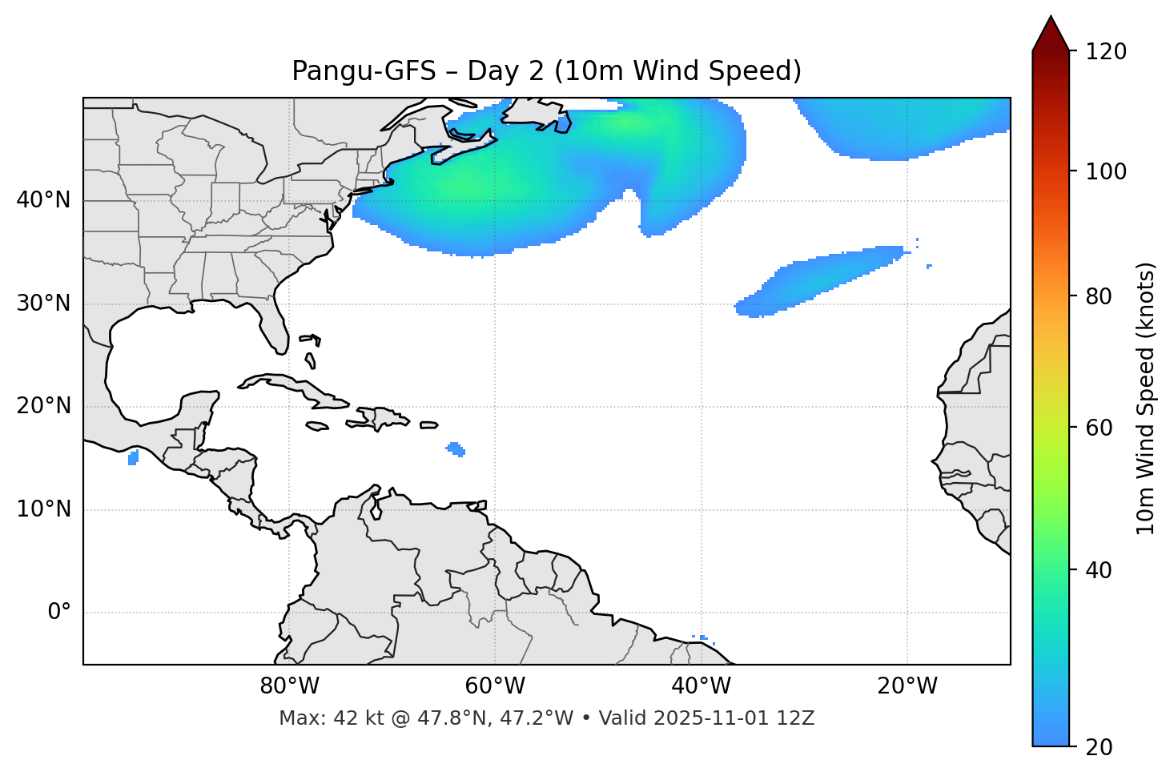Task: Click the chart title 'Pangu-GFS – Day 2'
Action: pyautogui.click(x=545, y=71)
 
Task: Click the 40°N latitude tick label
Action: pyautogui.click(x=43, y=200)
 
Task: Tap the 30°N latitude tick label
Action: pyautogui.click(x=43, y=304)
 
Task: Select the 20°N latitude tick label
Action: pyautogui.click(x=43, y=406)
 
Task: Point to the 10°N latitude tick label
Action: pyautogui.click(x=43, y=509)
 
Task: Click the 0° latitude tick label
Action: pyautogui.click(x=59, y=613)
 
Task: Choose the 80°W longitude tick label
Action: pyautogui.click(x=289, y=686)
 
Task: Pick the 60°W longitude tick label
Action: pyautogui.click(x=495, y=686)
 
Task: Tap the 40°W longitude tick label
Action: pyautogui.click(x=701, y=686)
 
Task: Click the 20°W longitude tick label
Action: pyautogui.click(x=907, y=686)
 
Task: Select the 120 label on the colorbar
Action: pyautogui.click(x=1106, y=52)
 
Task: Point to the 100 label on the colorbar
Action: pyautogui.click(x=1106, y=171)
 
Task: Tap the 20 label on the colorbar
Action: pyautogui.click(x=1100, y=747)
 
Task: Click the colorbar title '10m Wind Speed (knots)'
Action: pyautogui.click(x=1146, y=398)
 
